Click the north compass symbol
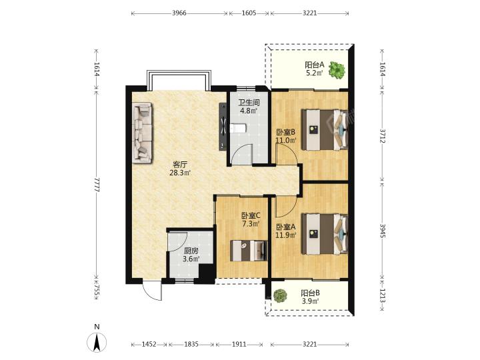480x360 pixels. tap(97, 341)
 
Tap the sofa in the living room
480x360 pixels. tap(142, 133)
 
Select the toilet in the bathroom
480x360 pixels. tap(238, 128)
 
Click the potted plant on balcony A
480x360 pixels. tap(337, 71)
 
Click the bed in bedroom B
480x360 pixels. tap(325, 130)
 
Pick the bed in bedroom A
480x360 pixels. tap(325, 233)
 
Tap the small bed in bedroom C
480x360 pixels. tap(249, 251)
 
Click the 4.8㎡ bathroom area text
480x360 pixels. tap(249, 111)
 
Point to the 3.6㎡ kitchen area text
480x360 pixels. tap(191, 259)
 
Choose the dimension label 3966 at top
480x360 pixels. tap(179, 13)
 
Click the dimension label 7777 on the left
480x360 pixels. tap(97, 184)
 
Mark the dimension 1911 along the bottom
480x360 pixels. tap(239, 345)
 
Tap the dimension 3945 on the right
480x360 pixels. tap(383, 231)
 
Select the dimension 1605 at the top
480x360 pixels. tap(249, 13)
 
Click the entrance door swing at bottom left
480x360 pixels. tap(151, 290)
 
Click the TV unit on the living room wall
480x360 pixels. tap(223, 127)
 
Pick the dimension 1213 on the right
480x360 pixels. tap(383, 295)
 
